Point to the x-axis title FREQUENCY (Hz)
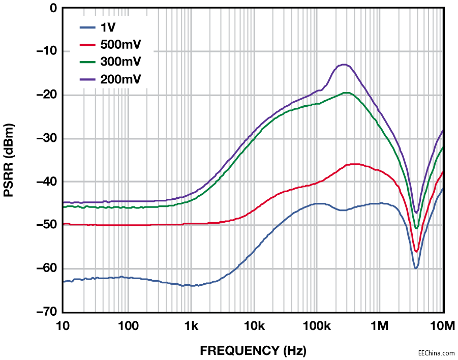point(253,350)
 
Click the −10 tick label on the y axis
point(46,51)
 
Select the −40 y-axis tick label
point(46,182)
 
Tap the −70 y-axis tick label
point(46,312)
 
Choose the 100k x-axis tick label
point(317,325)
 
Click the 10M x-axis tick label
point(443,325)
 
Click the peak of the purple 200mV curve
point(344,65)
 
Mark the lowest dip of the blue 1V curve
point(416,268)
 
